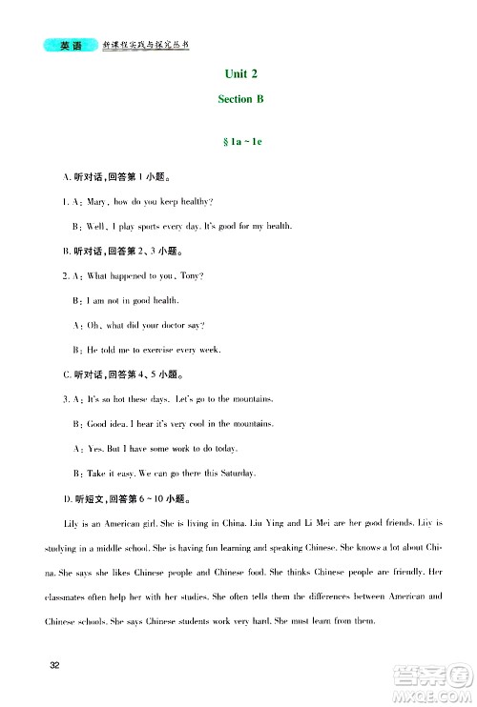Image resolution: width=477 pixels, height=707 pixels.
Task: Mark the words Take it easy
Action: click(x=113, y=474)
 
